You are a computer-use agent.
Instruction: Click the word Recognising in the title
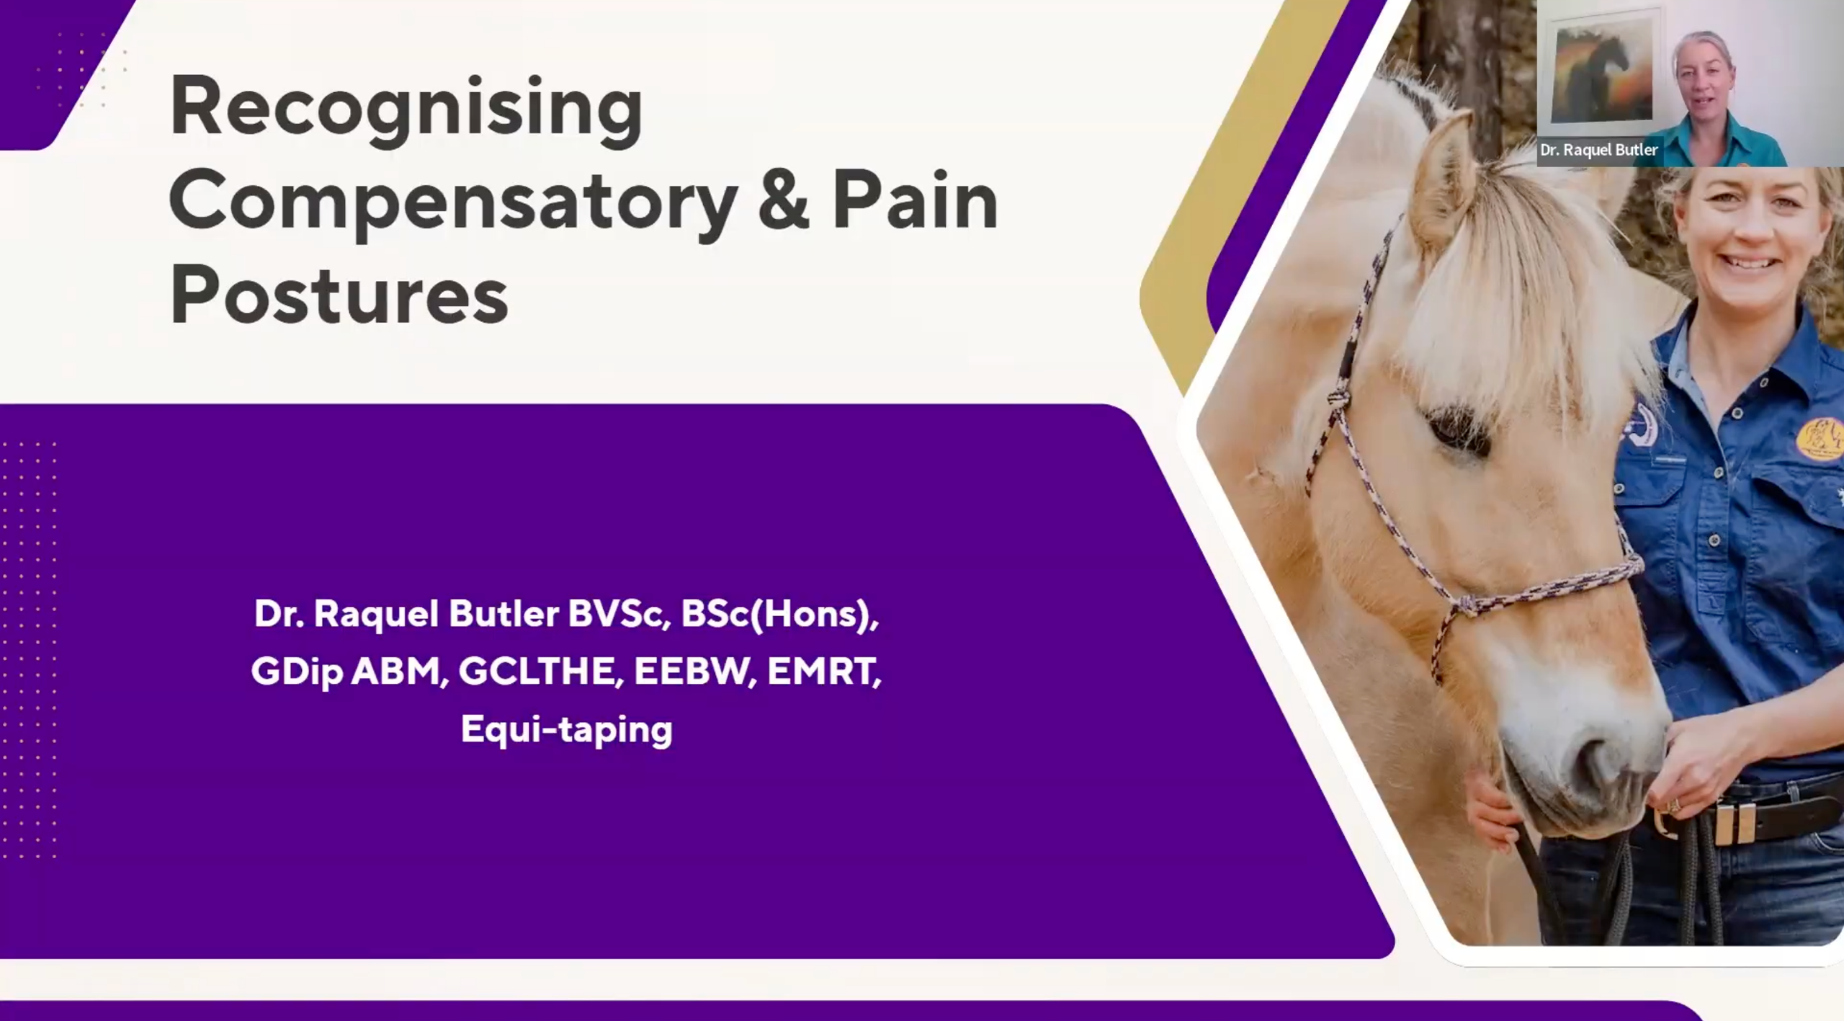(x=406, y=110)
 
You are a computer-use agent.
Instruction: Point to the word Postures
(x=339, y=295)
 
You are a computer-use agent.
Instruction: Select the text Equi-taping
(x=567, y=729)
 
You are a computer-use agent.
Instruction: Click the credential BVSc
(x=617, y=614)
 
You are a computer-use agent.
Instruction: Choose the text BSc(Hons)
(x=780, y=615)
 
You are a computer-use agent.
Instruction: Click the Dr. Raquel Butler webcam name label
(x=1599, y=151)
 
